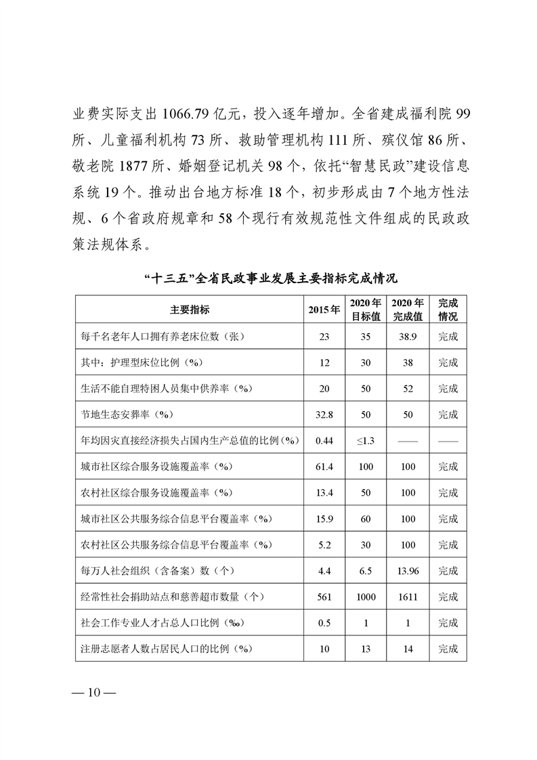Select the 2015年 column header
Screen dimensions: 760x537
point(324,310)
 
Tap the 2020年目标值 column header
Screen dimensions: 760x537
point(366,310)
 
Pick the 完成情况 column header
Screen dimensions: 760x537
point(448,310)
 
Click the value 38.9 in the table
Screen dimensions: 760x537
point(408,337)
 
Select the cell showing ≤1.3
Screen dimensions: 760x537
point(366,441)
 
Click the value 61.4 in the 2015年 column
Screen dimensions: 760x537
point(324,467)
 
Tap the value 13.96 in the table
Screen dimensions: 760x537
point(408,572)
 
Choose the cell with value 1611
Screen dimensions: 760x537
point(408,597)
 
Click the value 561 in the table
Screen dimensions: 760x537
point(324,597)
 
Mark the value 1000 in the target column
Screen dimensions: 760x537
point(366,597)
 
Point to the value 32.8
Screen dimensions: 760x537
point(324,415)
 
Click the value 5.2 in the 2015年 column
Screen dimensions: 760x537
point(324,545)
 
